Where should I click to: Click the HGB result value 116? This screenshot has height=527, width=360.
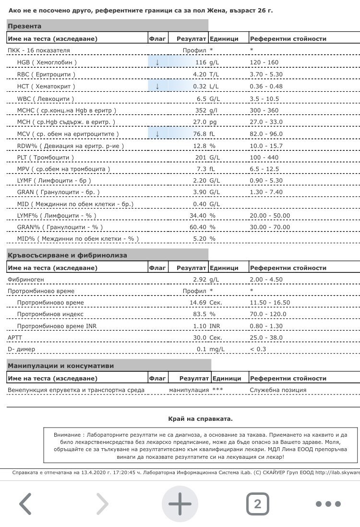200,62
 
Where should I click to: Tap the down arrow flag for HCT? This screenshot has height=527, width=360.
157,86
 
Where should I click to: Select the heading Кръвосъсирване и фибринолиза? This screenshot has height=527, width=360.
67,255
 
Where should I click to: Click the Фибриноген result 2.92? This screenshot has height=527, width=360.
199,280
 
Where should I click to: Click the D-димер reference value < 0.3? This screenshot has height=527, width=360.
258,349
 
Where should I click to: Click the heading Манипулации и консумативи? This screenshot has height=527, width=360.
60,366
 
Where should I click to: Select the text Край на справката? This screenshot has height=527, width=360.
200,418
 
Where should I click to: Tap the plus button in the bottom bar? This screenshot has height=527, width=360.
180,503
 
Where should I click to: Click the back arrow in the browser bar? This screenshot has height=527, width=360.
25,504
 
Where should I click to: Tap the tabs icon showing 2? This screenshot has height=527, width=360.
258,504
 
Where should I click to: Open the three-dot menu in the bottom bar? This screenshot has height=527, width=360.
328,504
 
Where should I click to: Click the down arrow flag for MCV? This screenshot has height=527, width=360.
157,134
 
